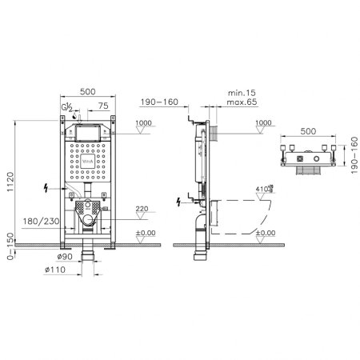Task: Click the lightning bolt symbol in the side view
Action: click(x=178, y=200)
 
